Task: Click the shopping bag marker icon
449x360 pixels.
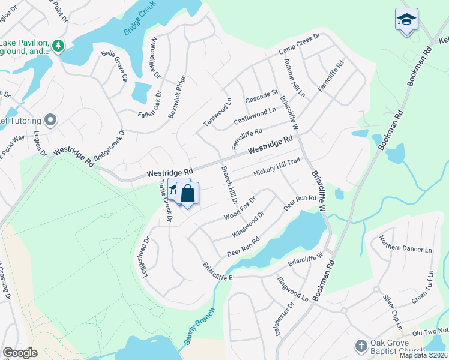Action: (x=187, y=193)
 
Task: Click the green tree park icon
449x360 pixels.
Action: (x=58, y=46)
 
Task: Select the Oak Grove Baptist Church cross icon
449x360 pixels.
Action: (x=360, y=346)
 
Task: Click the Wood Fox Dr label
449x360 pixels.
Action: (x=240, y=208)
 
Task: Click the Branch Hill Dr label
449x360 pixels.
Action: (x=230, y=186)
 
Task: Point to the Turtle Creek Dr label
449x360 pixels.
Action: (x=165, y=202)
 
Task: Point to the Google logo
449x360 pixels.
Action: (x=20, y=353)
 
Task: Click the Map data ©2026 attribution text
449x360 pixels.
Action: (x=424, y=355)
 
